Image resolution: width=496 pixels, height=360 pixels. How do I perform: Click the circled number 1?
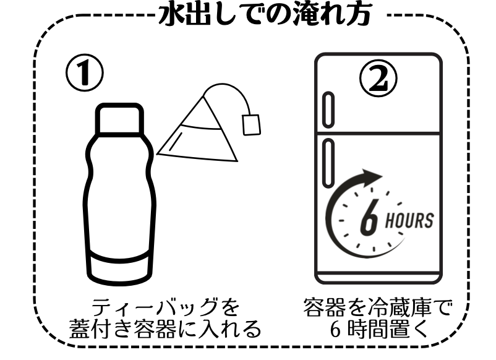85,73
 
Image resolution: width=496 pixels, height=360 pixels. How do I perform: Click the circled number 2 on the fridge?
378,78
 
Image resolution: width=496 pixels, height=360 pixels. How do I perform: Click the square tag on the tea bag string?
252,125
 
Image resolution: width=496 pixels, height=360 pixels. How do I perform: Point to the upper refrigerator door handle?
328,109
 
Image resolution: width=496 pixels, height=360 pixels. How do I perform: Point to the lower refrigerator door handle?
328,163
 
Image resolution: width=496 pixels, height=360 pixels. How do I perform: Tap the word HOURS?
409,220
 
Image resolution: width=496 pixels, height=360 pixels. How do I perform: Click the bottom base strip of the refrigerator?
378,278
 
